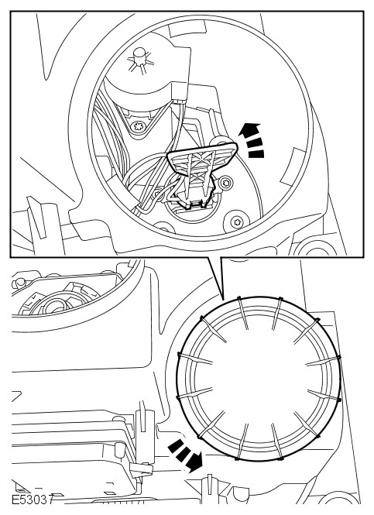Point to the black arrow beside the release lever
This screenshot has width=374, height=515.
[x=252, y=140]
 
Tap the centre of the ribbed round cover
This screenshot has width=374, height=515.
[x=259, y=378]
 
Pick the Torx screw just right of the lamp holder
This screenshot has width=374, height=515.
[x=225, y=182]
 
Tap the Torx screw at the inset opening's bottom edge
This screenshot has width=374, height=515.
[x=236, y=222]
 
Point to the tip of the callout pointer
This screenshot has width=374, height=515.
[x=223, y=299]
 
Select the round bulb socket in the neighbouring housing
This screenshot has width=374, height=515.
[x=53, y=305]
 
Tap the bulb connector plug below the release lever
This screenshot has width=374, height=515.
[x=193, y=201]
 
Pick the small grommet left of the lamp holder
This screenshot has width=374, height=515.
[x=157, y=193]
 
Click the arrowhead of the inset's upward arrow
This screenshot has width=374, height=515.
[x=248, y=129]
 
